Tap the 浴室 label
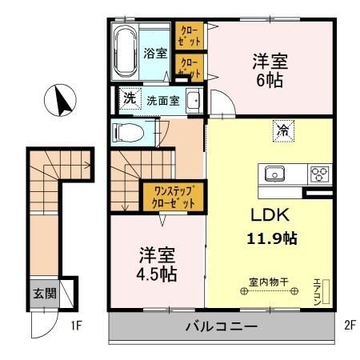(x=155, y=54)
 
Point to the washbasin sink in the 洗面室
(x=193, y=101)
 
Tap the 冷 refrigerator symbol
(x=282, y=129)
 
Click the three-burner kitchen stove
(x=319, y=173)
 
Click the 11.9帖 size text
(x=271, y=238)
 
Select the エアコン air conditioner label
(x=318, y=290)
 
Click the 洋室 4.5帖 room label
(x=157, y=263)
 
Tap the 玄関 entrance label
(x=44, y=294)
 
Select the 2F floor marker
(x=349, y=326)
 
